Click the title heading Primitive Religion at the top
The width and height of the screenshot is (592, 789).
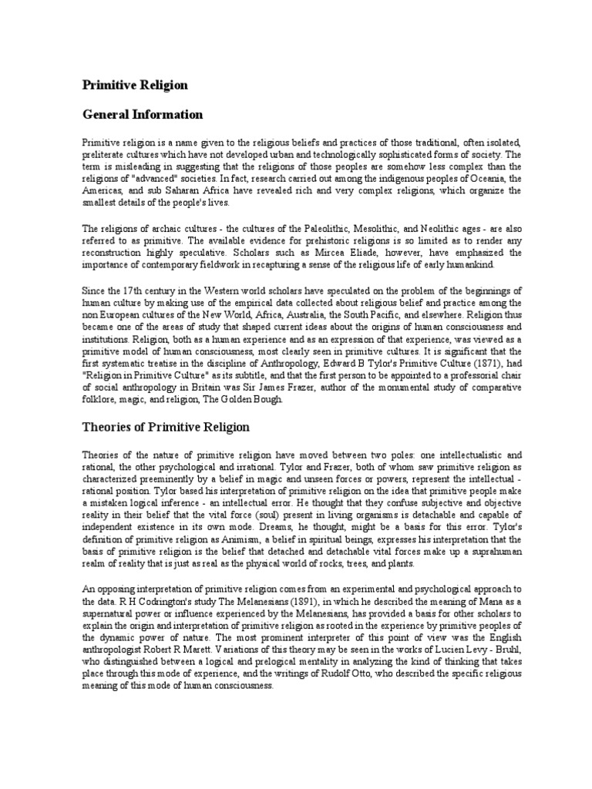(135, 84)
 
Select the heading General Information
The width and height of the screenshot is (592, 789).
(143, 115)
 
